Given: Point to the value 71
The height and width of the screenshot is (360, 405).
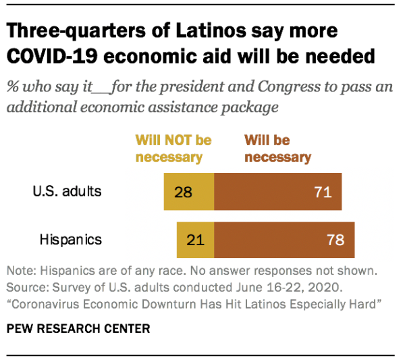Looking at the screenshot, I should tap(323, 192).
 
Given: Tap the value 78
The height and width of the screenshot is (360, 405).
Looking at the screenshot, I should tap(335, 240).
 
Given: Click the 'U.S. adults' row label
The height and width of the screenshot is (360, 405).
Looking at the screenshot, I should tap(67, 191).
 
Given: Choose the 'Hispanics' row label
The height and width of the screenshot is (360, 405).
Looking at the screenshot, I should tap(70, 239).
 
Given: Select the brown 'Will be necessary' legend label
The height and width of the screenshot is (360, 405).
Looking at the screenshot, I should tap(277, 149).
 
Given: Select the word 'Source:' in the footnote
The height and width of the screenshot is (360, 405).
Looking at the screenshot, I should tap(26, 287).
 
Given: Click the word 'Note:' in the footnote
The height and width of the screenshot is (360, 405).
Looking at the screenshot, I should tap(22, 271).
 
